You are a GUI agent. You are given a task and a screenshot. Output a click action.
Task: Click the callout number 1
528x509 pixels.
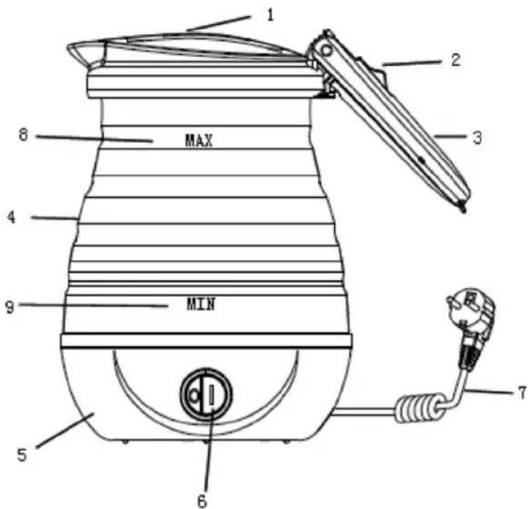point(270,15)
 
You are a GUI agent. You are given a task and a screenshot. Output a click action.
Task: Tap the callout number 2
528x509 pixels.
point(455,60)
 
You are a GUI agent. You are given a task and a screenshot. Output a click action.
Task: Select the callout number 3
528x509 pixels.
point(477,138)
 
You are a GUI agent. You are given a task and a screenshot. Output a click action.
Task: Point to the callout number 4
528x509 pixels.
point(12,217)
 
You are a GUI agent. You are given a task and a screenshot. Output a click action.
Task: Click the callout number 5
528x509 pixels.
point(22,455)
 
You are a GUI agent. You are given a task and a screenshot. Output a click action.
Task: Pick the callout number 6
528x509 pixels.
point(202,501)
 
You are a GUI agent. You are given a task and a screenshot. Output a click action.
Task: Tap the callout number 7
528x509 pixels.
point(522,392)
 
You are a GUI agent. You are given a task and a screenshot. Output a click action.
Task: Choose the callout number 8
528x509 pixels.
point(23,135)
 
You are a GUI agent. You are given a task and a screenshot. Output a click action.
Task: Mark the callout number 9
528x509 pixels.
point(9,307)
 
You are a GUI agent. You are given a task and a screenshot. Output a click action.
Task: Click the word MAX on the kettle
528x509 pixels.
point(199,140)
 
